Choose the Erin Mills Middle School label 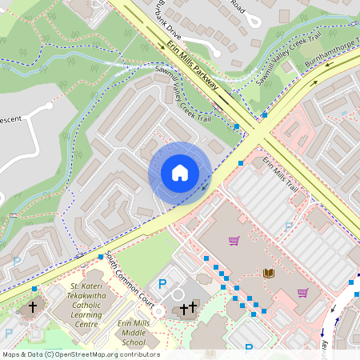pyautogui.click(x=134, y=332)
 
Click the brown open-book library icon pyautogui.click(x=269, y=274)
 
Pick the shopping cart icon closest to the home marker pyautogui.click(x=234, y=240)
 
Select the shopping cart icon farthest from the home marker pyautogui.click(x=302, y=293)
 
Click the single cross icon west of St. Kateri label pyautogui.click(x=34, y=306)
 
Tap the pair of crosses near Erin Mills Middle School pyautogui.click(x=188, y=308)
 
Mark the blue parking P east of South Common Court pyautogui.click(x=162, y=283)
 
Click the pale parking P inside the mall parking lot pyautogui.click(x=289, y=226)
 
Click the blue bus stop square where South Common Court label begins pyautogui.click(x=101, y=257)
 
